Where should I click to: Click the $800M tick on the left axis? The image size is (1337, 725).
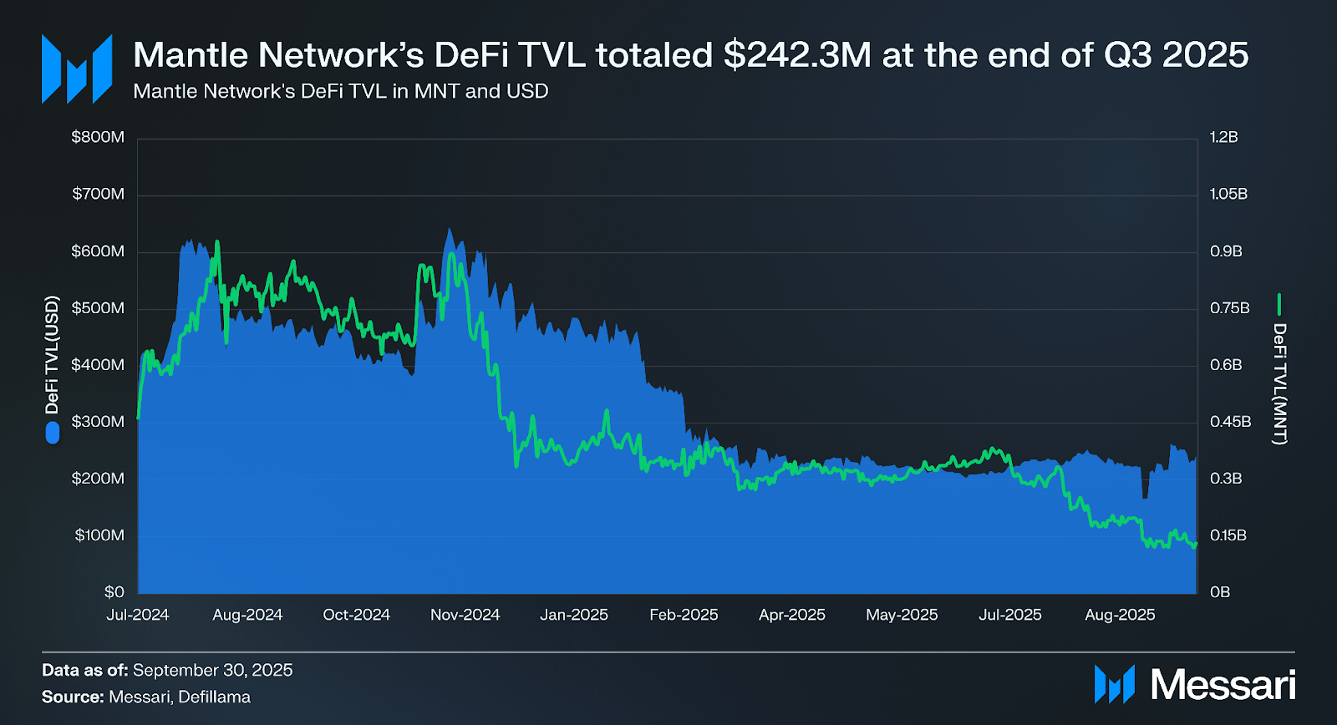click(98, 137)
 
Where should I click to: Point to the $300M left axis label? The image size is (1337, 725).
click(98, 422)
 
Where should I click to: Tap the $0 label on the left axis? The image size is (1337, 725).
click(114, 592)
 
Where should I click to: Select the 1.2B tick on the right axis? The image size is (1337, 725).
click(1223, 137)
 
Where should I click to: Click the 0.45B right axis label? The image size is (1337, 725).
click(1230, 422)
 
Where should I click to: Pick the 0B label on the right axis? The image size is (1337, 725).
click(1220, 592)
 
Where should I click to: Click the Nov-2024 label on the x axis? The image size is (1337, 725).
click(465, 615)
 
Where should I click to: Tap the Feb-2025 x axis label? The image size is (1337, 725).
click(684, 615)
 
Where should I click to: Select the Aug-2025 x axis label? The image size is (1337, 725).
click(1120, 615)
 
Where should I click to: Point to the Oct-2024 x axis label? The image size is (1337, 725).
click(356, 615)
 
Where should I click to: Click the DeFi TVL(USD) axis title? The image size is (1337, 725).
click(53, 354)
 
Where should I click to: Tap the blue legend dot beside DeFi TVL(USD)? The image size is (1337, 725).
click(53, 432)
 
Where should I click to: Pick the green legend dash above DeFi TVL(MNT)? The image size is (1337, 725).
click(1279, 304)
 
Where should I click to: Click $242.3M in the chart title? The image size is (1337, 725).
click(797, 55)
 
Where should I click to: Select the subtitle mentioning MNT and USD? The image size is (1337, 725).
click(340, 91)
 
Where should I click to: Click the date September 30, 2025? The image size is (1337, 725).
click(212, 670)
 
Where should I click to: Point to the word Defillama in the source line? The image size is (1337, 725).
click(214, 697)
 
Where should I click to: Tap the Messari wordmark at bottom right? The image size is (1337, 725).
click(1223, 685)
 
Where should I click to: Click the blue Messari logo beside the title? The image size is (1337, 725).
click(77, 68)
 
